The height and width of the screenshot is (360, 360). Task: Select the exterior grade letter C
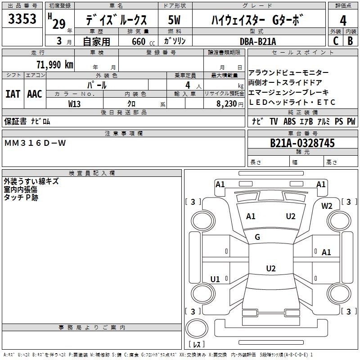[x=335, y=41]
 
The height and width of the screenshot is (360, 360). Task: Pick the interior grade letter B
[x=350, y=41]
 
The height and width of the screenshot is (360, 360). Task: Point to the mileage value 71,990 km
[x=54, y=64]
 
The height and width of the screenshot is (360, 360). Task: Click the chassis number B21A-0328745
[x=302, y=143]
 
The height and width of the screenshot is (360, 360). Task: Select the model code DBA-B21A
[x=258, y=41]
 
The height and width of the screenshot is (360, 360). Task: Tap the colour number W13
[x=75, y=103]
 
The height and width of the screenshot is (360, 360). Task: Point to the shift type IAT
[x=13, y=94]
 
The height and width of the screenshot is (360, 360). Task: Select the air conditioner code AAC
[x=34, y=94]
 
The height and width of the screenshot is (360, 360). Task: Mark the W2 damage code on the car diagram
[x=327, y=206]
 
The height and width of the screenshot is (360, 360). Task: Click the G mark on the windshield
[x=257, y=237]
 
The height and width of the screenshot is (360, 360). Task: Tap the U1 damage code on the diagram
[x=215, y=279]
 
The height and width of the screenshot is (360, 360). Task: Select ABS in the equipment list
[x=289, y=121]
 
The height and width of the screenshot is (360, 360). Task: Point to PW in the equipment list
[x=351, y=121]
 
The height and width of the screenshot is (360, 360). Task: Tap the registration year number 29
[x=59, y=23]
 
